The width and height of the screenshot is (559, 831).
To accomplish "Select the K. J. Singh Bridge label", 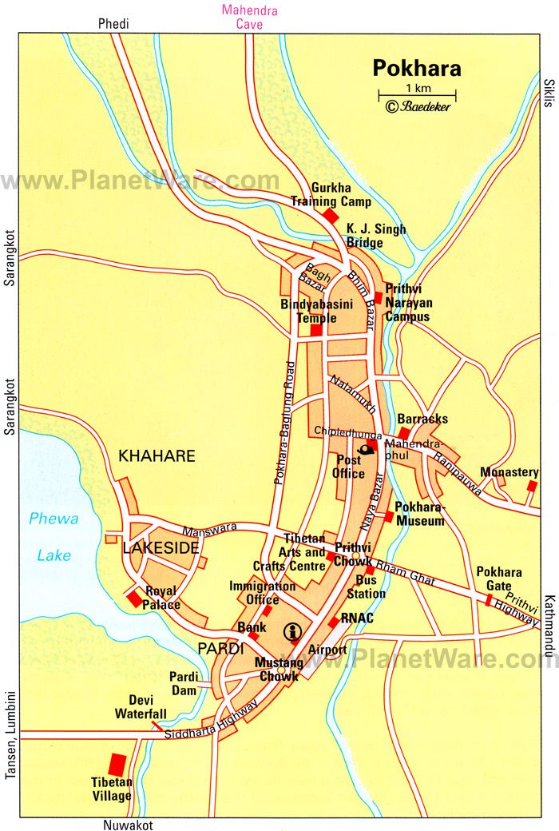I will [x=375, y=236].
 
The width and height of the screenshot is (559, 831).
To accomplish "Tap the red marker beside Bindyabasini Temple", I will [x=316, y=330].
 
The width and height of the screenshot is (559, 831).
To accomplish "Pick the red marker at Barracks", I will [x=405, y=433].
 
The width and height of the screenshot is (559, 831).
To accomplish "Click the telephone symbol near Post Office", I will [x=366, y=448].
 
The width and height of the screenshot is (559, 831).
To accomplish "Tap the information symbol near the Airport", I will [x=293, y=632].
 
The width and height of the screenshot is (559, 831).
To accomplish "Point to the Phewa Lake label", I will [x=54, y=536].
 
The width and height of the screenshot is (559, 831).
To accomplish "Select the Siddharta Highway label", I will [x=212, y=722].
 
